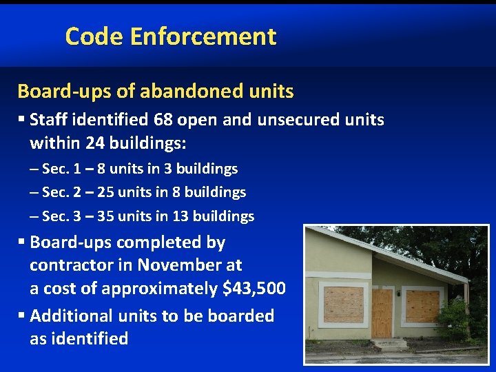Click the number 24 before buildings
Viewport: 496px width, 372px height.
[x=94, y=144]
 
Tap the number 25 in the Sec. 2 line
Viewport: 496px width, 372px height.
[x=106, y=192]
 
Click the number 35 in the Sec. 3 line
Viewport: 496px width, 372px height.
[x=106, y=216]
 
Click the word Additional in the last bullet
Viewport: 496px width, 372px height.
[x=72, y=316]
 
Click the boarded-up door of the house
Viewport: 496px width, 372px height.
[x=382, y=313]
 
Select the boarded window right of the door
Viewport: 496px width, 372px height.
[x=422, y=306]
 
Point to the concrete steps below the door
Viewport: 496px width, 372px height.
[x=389, y=342]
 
